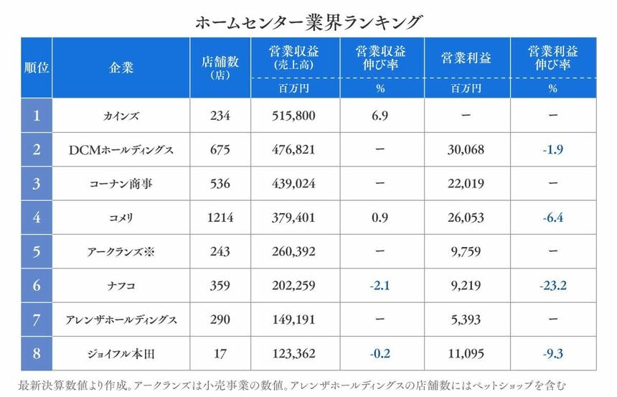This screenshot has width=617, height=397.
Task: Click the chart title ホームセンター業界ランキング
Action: [x=308, y=22]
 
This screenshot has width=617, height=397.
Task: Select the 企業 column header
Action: [x=121, y=67]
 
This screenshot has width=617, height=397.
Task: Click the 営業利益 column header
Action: [x=467, y=58]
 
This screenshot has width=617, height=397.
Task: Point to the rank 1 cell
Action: [x=37, y=116]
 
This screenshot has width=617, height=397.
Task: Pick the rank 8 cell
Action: [x=37, y=352]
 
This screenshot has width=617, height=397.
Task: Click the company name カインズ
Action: [x=121, y=116]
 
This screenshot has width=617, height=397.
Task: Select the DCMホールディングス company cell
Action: [x=121, y=150]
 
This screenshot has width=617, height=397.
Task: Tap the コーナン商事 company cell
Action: [x=121, y=184]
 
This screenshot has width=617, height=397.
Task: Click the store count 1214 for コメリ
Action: [x=220, y=218]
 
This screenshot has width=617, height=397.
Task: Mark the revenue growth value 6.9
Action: [x=380, y=116]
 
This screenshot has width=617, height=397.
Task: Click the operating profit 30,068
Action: [x=467, y=150]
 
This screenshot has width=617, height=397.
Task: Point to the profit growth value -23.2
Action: [x=552, y=286]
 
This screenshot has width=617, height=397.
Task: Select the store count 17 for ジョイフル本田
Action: [x=220, y=352]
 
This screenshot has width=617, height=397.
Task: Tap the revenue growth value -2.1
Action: [x=380, y=286]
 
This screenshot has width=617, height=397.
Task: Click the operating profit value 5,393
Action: [x=467, y=319]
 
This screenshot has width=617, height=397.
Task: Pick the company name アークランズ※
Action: [x=121, y=252]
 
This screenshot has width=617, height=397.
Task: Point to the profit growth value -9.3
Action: [x=552, y=352]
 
